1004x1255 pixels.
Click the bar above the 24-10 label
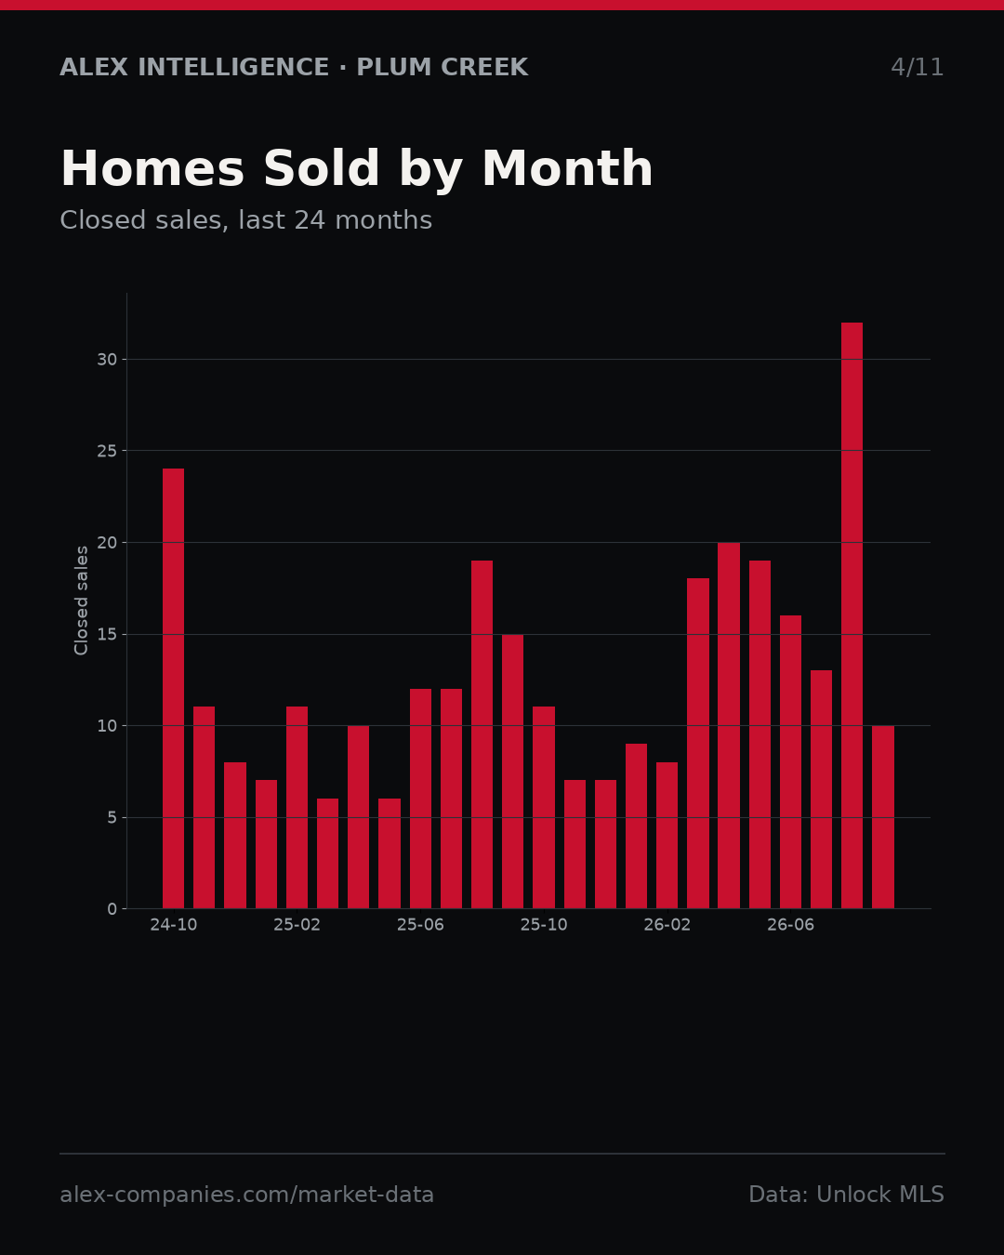point(173,688)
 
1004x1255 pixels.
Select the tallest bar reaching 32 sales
point(852,615)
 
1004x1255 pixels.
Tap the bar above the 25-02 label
point(297,808)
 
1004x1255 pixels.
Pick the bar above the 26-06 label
point(790,761)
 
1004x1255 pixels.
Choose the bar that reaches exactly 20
point(729,725)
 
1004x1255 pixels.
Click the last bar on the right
point(882,817)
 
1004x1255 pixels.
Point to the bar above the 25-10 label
point(544,808)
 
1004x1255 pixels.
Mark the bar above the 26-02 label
point(667,835)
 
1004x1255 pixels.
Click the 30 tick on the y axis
point(107,360)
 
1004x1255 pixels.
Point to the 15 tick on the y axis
point(107,635)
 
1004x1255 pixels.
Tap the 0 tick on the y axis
point(112,909)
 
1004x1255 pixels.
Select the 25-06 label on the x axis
point(420,925)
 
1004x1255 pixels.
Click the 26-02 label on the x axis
point(667,925)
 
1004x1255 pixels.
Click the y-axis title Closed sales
point(81,601)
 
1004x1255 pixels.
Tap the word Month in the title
point(567,168)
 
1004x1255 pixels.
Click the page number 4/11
point(917,67)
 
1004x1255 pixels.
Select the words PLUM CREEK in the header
point(443,67)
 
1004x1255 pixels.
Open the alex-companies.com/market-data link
point(246,1195)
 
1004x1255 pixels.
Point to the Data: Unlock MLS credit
point(847,1195)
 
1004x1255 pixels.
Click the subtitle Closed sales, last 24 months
point(246,220)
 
